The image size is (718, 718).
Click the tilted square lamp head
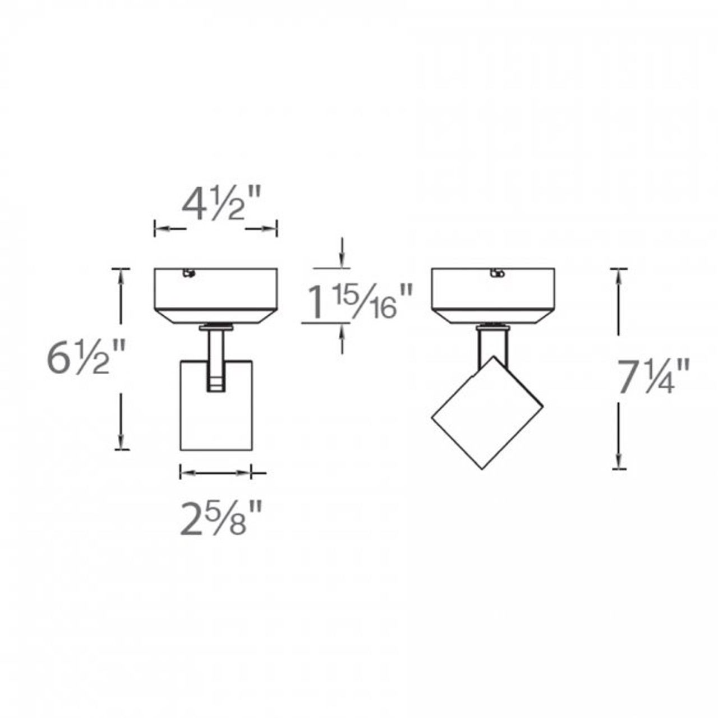pos(487,412)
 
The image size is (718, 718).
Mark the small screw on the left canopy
pos(189,273)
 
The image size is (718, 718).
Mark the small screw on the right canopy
pos(496,273)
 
